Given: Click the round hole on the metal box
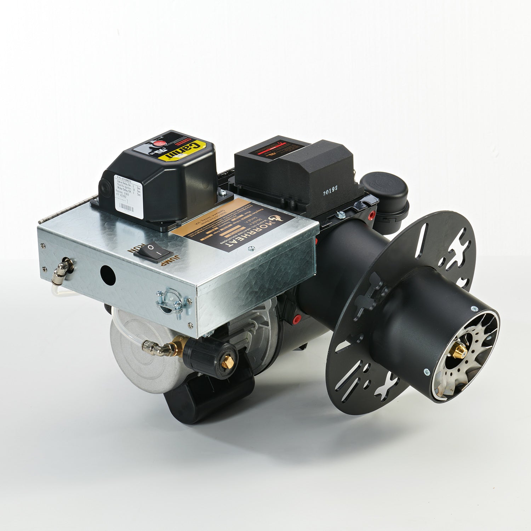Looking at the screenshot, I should click(108, 275).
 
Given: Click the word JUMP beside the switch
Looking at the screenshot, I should click(169, 261).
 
